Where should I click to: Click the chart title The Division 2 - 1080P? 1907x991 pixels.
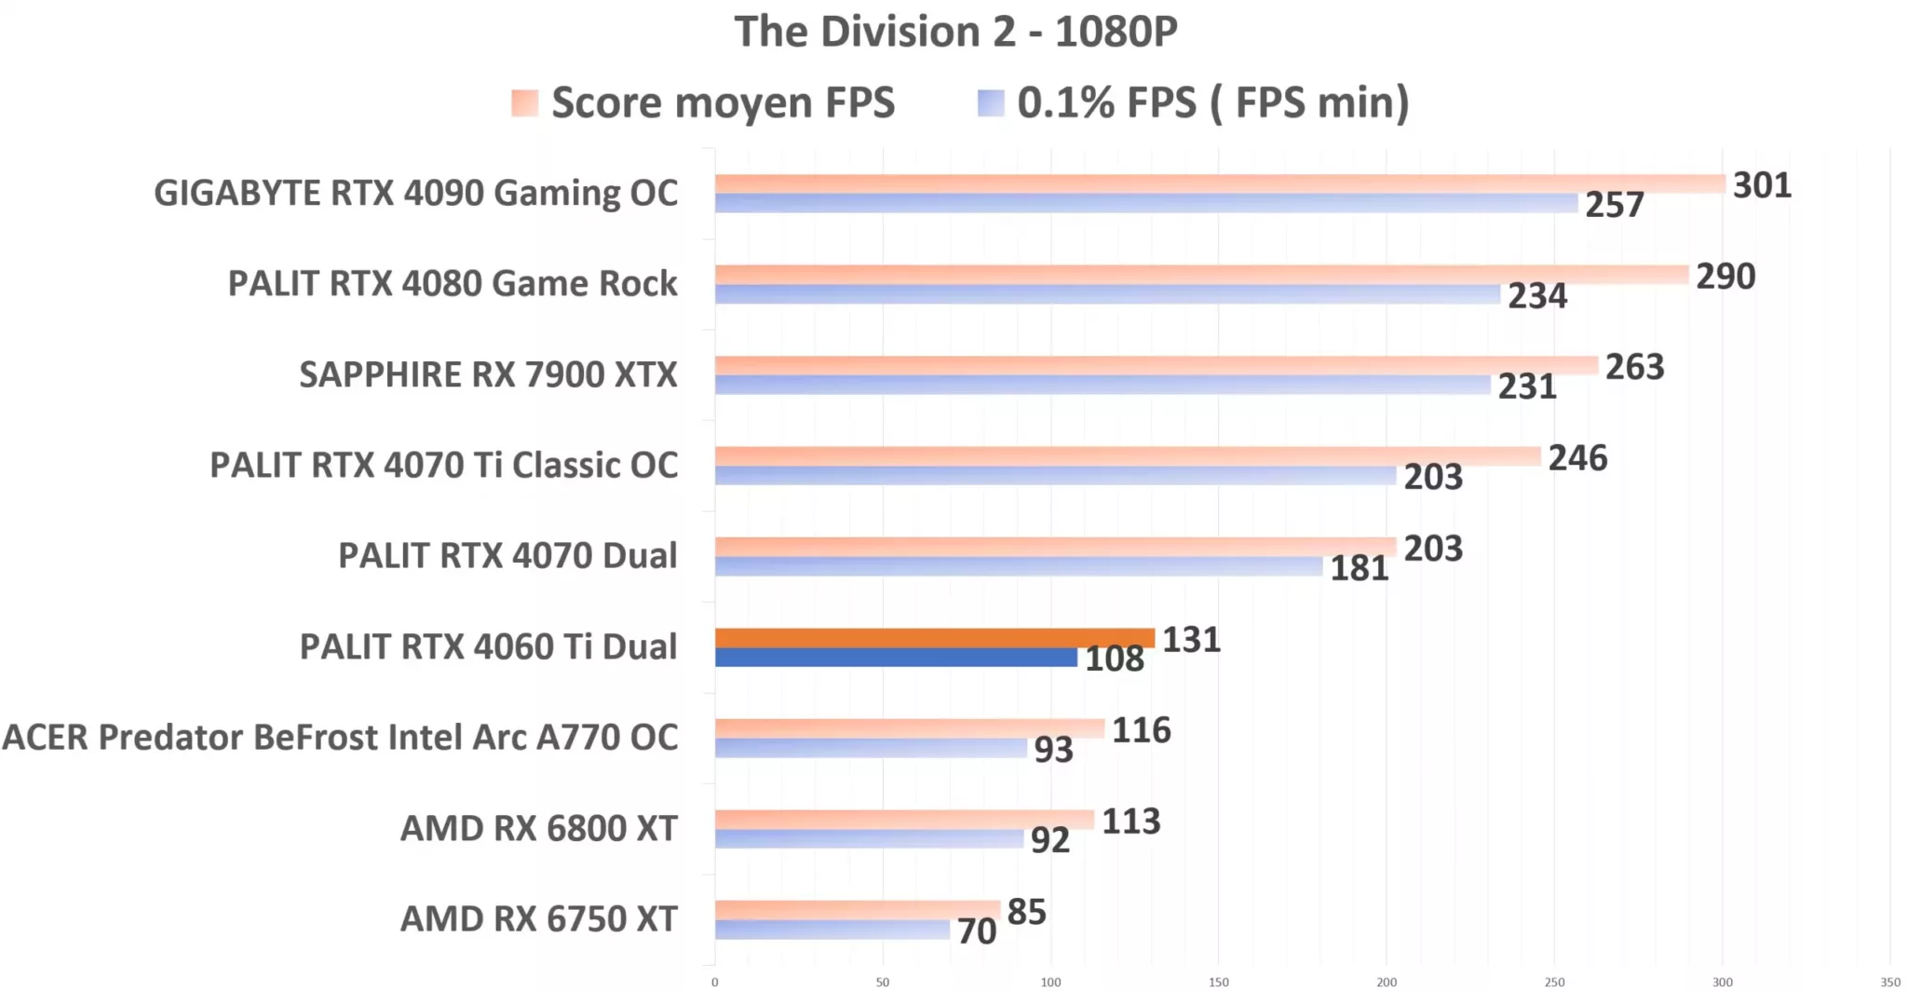coord(955,32)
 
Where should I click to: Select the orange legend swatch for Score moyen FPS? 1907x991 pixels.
coord(524,102)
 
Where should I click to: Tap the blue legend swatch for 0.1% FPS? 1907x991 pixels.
coord(991,102)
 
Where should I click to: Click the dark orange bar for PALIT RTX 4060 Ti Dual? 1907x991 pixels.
coord(934,638)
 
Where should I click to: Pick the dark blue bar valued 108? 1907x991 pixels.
coord(896,658)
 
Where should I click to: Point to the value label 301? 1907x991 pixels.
coord(1762,185)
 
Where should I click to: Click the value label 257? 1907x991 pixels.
coord(1615,205)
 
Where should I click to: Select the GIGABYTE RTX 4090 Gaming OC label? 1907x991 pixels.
coord(415,193)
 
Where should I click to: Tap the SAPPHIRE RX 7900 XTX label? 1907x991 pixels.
coord(488,374)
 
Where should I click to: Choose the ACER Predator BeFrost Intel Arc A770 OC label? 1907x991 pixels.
coord(340,737)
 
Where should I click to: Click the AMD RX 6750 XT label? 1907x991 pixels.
coord(538,918)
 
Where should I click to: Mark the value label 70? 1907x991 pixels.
coord(977,931)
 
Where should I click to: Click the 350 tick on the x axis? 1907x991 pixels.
coord(1889,982)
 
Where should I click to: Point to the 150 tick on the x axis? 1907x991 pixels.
coord(1218,982)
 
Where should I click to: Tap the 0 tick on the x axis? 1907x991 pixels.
coord(715,982)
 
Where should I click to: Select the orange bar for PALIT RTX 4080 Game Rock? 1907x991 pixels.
coord(1201,275)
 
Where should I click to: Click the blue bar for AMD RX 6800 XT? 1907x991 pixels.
coord(869,839)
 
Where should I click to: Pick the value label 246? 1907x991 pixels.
coord(1577,458)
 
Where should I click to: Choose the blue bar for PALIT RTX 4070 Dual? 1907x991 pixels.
coord(1019,566)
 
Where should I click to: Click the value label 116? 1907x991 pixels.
coord(1141,730)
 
